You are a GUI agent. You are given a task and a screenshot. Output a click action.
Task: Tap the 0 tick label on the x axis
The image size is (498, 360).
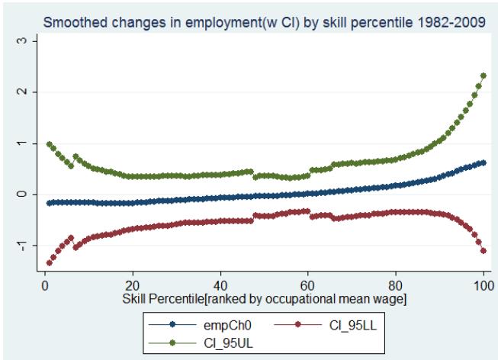pos(45,284)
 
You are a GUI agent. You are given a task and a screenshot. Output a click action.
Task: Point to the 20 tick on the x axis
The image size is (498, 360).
pos(133,284)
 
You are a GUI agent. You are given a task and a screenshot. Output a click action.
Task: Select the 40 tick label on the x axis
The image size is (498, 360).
pos(220,284)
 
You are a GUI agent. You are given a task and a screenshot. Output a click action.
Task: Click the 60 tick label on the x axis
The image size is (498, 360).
pos(308,284)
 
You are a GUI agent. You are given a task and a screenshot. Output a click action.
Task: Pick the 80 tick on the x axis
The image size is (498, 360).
pos(396,284)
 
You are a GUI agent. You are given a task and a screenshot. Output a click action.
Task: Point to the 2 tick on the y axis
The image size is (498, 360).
pos(27,92)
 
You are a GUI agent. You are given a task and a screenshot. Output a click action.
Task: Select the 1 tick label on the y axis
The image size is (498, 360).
pos(27,143)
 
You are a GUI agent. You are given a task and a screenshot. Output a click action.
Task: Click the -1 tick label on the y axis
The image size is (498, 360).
pos(27,245)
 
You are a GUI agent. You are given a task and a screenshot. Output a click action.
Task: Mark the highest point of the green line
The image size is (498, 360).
pos(484,76)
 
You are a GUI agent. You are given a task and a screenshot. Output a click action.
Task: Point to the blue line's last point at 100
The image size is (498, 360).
pos(484,162)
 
